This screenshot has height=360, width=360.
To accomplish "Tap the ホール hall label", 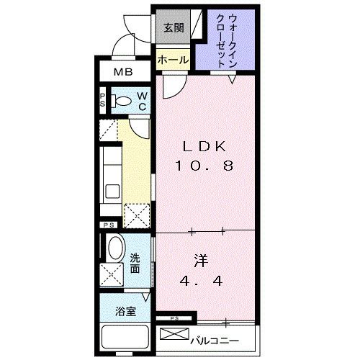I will [x=173, y=60].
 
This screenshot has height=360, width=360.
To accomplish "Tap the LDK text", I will [x=204, y=146].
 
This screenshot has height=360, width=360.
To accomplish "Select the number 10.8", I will [x=204, y=165].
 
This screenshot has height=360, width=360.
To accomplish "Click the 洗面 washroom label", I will [x=135, y=264].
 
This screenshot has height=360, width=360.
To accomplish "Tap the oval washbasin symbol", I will [x=114, y=250].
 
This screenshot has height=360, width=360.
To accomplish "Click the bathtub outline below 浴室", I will [x=125, y=339].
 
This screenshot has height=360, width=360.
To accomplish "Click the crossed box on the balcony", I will [x=173, y=336].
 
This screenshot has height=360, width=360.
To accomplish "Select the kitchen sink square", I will [x=112, y=191].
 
